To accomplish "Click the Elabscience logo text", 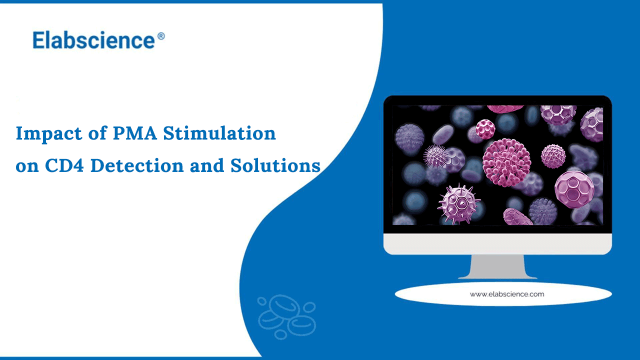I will [x=93, y=40].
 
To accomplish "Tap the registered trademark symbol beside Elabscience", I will [x=160, y=36].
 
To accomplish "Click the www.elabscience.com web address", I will [x=506, y=294].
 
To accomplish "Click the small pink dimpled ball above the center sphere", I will [x=485, y=128].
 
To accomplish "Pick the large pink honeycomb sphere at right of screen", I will [x=575, y=190].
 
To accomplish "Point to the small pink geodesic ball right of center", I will [x=553, y=156].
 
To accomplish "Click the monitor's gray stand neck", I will [x=497, y=266].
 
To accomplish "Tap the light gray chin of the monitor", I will [x=497, y=243].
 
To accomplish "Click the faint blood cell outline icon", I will [x=286, y=317].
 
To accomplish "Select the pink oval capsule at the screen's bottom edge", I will [x=517, y=217].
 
